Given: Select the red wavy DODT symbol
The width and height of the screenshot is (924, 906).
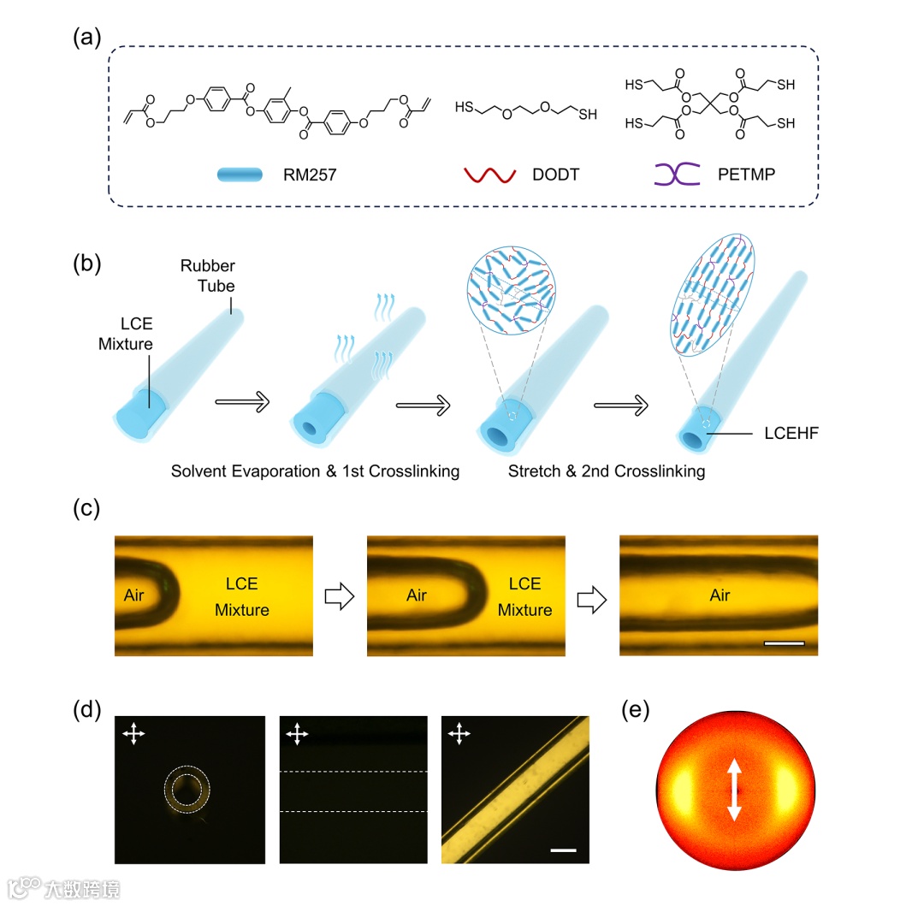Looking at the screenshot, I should point(488,175).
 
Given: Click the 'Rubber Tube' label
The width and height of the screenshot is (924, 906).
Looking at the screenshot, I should point(207,276).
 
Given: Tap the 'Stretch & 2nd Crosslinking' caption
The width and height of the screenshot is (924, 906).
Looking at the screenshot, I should point(606,471).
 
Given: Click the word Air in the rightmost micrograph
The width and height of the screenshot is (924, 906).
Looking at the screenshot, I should point(720,595).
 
